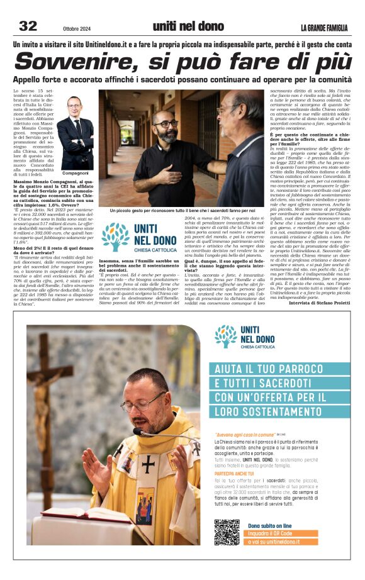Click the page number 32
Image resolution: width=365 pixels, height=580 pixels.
click(x=28, y=26)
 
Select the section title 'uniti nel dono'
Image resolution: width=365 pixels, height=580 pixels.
click(x=188, y=26)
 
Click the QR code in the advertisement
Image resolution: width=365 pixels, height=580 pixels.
click(x=227, y=532)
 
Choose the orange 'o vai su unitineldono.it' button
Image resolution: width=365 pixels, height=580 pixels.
click(x=282, y=542)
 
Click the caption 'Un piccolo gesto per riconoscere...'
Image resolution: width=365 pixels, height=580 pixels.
click(x=182, y=211)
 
